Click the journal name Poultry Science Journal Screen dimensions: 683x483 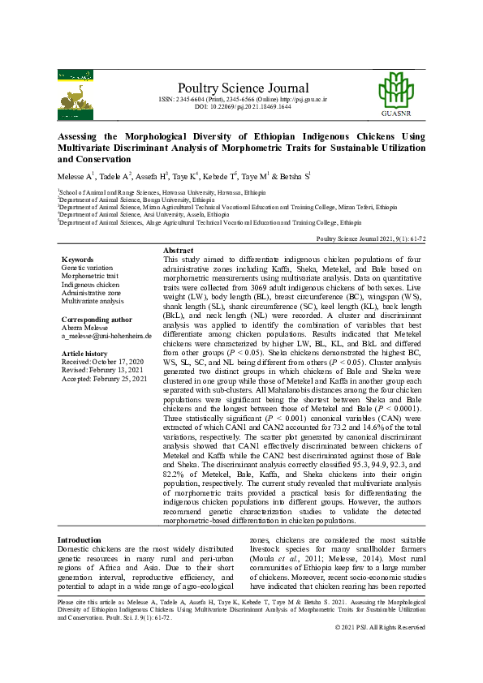[243, 88]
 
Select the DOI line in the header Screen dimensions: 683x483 [243, 106]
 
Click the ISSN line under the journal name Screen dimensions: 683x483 [243, 99]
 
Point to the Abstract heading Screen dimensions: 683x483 [179, 251]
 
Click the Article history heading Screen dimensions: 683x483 [86, 354]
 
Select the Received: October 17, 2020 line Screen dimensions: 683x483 [103, 363]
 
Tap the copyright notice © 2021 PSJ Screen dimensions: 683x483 [390, 651]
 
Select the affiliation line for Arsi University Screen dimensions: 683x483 [137, 214]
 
